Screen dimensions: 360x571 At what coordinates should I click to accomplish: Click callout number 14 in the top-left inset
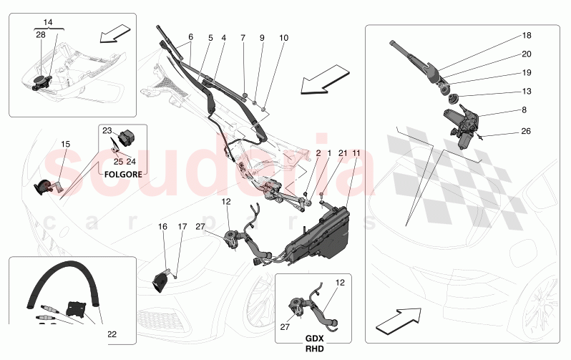48,24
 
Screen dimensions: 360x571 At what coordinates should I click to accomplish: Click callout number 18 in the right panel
527,35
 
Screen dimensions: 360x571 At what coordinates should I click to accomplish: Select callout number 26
527,130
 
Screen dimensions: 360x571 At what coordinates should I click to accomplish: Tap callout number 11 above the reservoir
356,154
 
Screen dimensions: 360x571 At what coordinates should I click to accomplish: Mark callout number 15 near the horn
65,145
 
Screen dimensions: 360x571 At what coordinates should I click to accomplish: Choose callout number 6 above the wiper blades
190,37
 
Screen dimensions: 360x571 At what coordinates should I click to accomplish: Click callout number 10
284,37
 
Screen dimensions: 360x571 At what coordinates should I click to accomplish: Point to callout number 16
162,227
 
